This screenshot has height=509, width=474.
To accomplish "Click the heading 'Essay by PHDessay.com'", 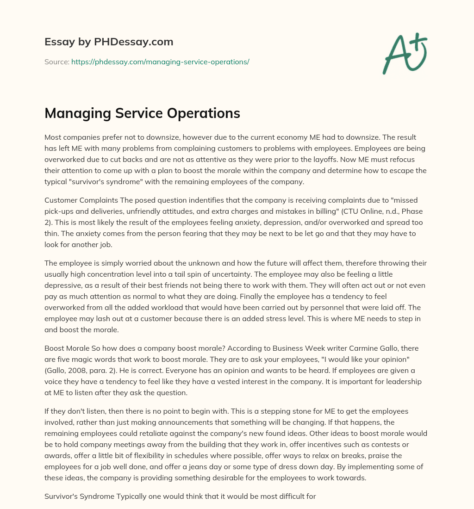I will [109, 42].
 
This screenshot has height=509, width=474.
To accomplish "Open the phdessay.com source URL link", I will [160, 62].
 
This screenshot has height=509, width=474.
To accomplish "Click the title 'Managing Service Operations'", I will [142, 113].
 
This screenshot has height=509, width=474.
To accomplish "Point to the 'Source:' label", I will [56, 62].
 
